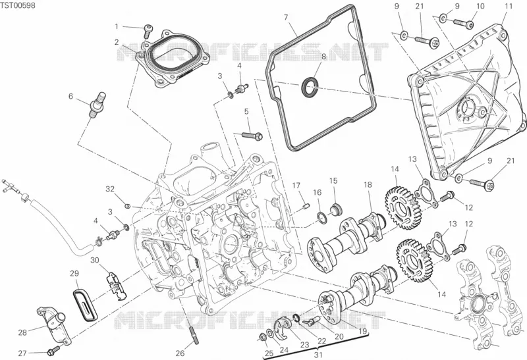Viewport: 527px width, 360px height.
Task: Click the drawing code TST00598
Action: pyautogui.click(x=18, y=5)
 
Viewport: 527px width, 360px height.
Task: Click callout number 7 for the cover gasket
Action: pyautogui.click(x=286, y=18)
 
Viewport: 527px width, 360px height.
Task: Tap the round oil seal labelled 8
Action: pyautogui.click(x=309, y=87)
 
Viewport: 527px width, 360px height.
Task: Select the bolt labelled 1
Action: pyautogui.click(x=148, y=32)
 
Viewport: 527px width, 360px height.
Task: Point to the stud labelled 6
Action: pyautogui.click(x=96, y=105)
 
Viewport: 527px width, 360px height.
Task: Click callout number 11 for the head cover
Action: pyautogui.click(x=509, y=6)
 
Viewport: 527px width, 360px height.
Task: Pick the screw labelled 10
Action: pyautogui.click(x=464, y=23)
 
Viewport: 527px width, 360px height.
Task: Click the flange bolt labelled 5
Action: pyautogui.click(x=252, y=136)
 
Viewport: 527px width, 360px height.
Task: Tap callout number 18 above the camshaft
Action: pyautogui.click(x=368, y=185)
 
